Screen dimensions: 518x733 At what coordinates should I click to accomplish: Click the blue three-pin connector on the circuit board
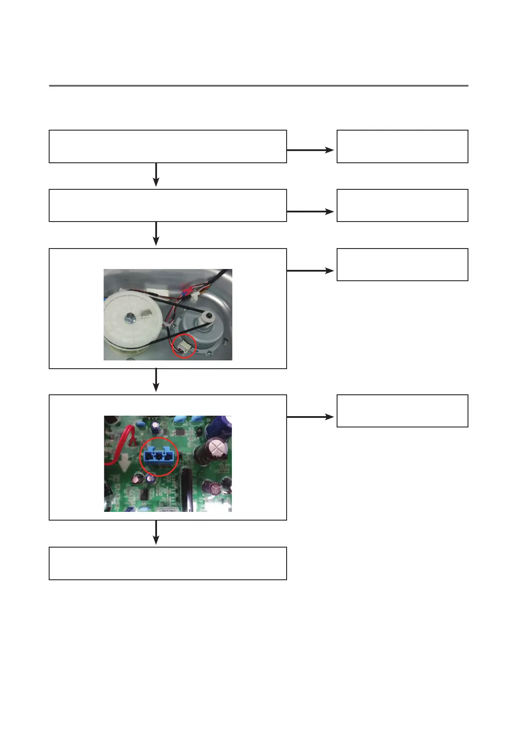pos(159,456)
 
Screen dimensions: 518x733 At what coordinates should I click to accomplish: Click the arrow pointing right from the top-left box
pos(310,150)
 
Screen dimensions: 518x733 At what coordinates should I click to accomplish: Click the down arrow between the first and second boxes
pos(156,175)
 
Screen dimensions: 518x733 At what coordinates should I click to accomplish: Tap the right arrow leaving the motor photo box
pos(310,271)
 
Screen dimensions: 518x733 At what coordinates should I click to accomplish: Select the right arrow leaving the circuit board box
pos(310,417)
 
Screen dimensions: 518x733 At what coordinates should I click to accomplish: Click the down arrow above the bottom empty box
pos(156,533)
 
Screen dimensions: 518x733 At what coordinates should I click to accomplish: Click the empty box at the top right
pos(402,146)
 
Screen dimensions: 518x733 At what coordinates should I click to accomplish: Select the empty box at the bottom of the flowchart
pos(168,563)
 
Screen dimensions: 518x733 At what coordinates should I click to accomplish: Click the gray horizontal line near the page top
pos(258,86)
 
